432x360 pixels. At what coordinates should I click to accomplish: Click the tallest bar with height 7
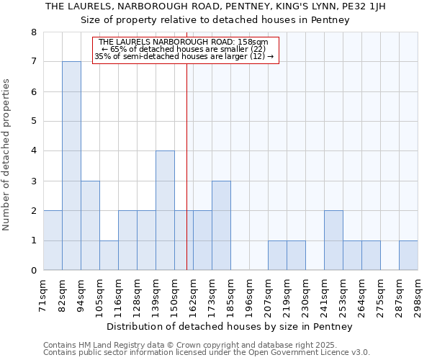point(71,166)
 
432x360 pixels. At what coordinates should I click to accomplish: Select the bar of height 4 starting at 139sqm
point(165,210)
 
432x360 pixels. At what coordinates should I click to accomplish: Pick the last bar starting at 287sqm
point(408,255)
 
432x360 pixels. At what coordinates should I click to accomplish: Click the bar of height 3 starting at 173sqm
point(221,225)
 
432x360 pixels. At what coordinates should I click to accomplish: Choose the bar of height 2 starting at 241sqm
point(333,240)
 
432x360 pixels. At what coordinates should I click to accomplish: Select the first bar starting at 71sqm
point(53,240)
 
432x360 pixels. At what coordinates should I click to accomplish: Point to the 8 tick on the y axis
point(33,32)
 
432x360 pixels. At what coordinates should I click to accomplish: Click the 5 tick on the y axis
point(33,122)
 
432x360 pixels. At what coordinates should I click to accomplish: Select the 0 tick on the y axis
point(33,271)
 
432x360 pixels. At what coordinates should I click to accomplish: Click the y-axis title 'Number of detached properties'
point(7,156)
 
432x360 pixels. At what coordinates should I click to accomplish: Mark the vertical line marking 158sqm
point(186,166)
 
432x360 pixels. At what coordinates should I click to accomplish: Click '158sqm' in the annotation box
point(253,42)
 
